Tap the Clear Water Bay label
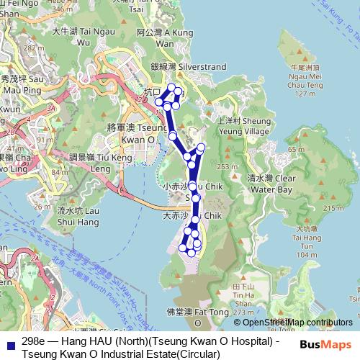[270, 184]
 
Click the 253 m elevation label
[228, 166]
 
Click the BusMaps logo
[325, 344]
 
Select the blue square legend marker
[9, 342]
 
